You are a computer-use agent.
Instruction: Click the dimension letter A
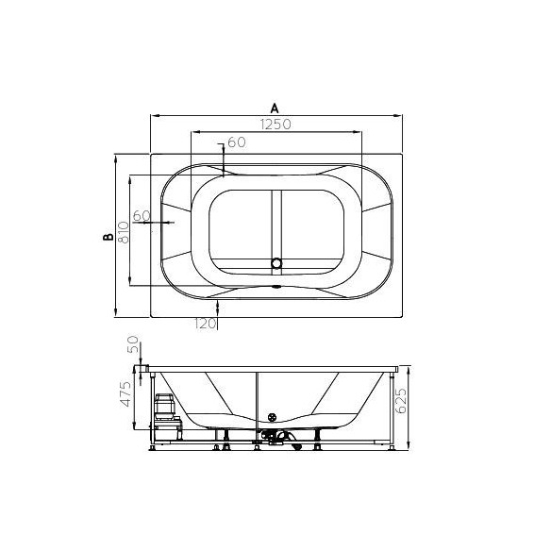(275, 108)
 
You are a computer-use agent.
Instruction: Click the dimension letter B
(109, 237)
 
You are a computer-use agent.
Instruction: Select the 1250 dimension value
(275, 124)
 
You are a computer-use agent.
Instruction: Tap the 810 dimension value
(124, 232)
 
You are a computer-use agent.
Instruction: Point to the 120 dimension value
(205, 324)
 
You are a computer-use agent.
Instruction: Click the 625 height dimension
(400, 400)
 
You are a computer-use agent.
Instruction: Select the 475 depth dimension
(125, 393)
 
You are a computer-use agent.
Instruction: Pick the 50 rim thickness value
(133, 344)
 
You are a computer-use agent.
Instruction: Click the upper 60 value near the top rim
(237, 142)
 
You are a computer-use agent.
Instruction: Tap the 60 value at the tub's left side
(142, 215)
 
